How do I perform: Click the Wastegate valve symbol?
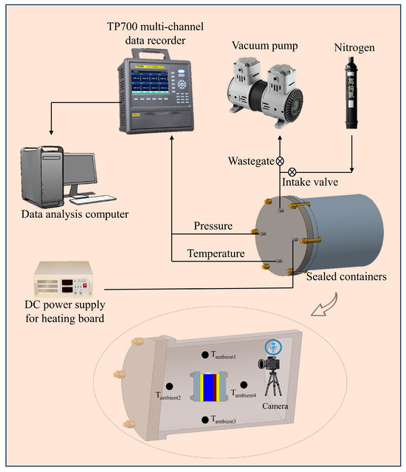pyautogui.click(x=280, y=161)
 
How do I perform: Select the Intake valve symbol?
pyautogui.click(x=292, y=172)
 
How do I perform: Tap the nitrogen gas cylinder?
pyautogui.click(x=351, y=93)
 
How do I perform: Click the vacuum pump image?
pyautogui.click(x=265, y=92)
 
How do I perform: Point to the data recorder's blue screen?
pyautogui.click(x=149, y=81)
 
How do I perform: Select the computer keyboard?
pyautogui.click(x=93, y=199)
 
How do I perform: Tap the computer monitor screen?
pyautogui.click(x=80, y=168)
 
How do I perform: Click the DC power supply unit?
pyautogui.click(x=63, y=280)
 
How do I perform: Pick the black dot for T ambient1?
pyautogui.click(x=204, y=355)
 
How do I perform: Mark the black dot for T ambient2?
pyautogui.click(x=169, y=386)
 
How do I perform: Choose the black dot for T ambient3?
pyautogui.click(x=204, y=420)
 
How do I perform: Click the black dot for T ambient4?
pyautogui.click(x=244, y=385)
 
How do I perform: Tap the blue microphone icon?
pyautogui.click(x=273, y=347)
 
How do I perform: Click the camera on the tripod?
pyautogui.click(x=269, y=376)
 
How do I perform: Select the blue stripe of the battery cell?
pyautogui.click(x=208, y=387)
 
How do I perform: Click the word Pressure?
pyautogui.click(x=213, y=226)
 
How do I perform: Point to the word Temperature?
pyautogui.click(x=216, y=253)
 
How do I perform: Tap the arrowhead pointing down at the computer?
pyautogui.click(x=51, y=132)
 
